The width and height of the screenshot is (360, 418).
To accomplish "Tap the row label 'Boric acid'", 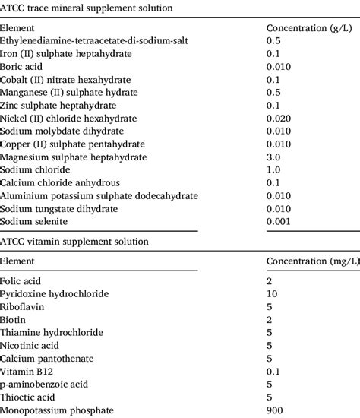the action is point(24,67).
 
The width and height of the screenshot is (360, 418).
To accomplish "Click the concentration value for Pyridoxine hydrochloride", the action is point(272,293).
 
